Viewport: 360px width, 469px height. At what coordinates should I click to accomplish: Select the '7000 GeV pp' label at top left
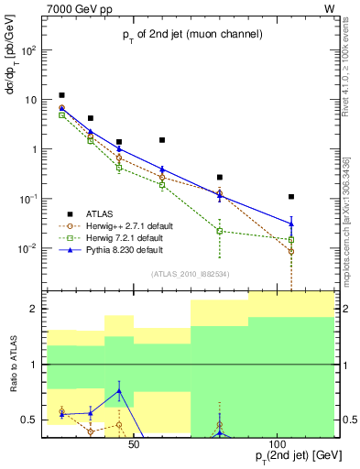coord(55,7)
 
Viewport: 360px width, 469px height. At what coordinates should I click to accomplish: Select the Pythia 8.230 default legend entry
coord(118,249)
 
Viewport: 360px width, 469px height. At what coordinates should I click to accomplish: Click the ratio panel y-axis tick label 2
coord(35,310)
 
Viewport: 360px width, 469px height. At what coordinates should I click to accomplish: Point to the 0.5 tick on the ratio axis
coord(31,420)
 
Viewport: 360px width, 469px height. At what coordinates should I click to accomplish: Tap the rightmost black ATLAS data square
coord(291,197)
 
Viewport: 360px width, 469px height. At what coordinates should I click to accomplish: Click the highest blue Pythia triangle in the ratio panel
coord(119,391)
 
